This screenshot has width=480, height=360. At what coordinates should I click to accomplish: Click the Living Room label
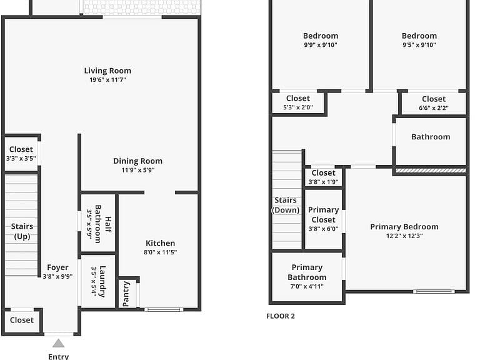point(107,71)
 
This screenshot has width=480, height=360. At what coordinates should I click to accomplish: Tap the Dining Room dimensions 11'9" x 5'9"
point(138,170)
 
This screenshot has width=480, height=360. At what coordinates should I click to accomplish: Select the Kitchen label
point(161,243)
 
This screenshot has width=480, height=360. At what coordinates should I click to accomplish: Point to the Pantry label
point(126,294)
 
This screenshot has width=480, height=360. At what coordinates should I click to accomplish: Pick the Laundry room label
point(102,282)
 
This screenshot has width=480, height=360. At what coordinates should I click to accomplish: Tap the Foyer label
point(57,267)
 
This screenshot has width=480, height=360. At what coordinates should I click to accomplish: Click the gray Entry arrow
point(58,343)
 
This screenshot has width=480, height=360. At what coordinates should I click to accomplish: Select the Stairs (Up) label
point(22,231)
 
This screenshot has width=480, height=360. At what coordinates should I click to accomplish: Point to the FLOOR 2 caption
point(281,316)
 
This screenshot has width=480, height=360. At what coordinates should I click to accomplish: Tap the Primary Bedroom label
point(404,227)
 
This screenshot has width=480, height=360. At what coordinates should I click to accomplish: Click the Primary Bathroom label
point(307,272)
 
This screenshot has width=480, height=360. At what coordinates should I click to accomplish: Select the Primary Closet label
point(324,215)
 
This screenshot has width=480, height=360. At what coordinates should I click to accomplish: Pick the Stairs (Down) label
point(286,205)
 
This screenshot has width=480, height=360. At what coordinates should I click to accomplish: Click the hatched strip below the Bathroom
point(431,171)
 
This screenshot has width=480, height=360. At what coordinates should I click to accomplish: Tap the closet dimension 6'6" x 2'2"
point(434,108)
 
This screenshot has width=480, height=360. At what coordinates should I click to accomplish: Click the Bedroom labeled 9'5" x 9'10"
point(419,36)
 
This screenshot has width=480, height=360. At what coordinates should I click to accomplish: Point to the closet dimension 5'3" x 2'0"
point(298,107)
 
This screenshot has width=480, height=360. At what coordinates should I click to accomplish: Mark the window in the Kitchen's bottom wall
point(164,310)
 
